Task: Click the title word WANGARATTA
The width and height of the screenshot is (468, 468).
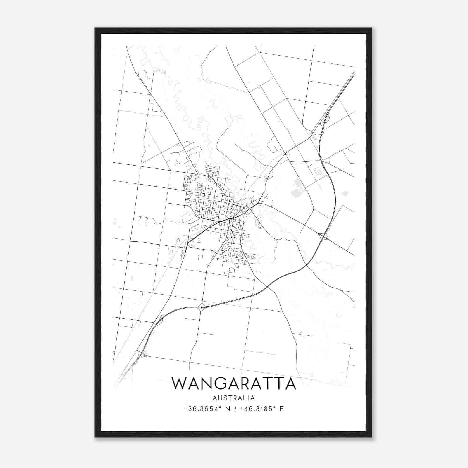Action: [x=234, y=383]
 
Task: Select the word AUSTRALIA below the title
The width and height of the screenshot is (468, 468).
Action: [x=234, y=398]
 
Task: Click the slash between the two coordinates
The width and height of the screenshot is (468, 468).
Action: [x=235, y=409]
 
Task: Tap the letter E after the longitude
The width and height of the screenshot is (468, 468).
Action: [x=282, y=409]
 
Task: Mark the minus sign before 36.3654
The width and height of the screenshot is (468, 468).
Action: [x=185, y=409]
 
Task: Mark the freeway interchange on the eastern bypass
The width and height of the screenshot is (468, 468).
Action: [x=324, y=236]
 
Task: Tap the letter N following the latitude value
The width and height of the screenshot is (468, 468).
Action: [x=227, y=409]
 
